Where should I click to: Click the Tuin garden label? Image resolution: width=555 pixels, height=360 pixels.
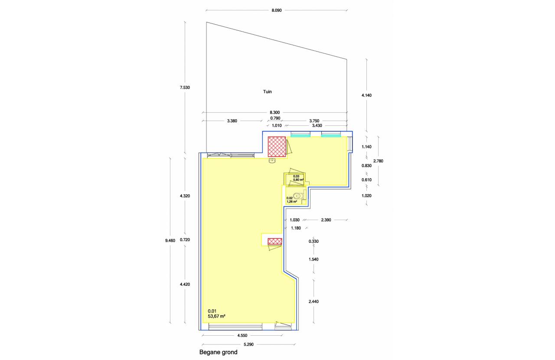268,92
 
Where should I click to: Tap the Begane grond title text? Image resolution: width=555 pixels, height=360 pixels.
218,352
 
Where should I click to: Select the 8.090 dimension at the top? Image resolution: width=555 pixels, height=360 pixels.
277,10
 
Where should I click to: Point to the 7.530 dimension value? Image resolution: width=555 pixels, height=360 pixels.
185,88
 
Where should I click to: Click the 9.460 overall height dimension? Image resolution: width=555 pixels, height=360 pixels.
170,240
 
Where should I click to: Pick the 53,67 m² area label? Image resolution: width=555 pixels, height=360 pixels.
216,316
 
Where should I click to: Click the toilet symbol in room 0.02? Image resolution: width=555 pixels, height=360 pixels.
298,196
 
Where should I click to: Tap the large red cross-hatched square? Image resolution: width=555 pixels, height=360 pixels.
277,147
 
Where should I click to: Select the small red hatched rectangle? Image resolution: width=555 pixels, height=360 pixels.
275,241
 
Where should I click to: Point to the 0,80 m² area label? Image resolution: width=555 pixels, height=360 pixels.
298,180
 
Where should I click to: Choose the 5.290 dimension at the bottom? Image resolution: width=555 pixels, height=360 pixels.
248,344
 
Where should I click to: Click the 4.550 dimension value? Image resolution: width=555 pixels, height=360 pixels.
242,336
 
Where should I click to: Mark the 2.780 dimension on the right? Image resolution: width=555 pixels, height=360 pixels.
379,161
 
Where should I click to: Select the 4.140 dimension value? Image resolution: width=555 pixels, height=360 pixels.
367,95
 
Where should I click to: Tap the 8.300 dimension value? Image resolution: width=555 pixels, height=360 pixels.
275,113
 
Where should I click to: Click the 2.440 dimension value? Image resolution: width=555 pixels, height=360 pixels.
313,302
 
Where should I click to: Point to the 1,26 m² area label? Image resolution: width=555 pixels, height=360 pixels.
292,202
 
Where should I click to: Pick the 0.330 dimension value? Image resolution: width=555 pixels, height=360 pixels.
313,242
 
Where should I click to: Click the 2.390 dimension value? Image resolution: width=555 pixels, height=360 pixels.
326,220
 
